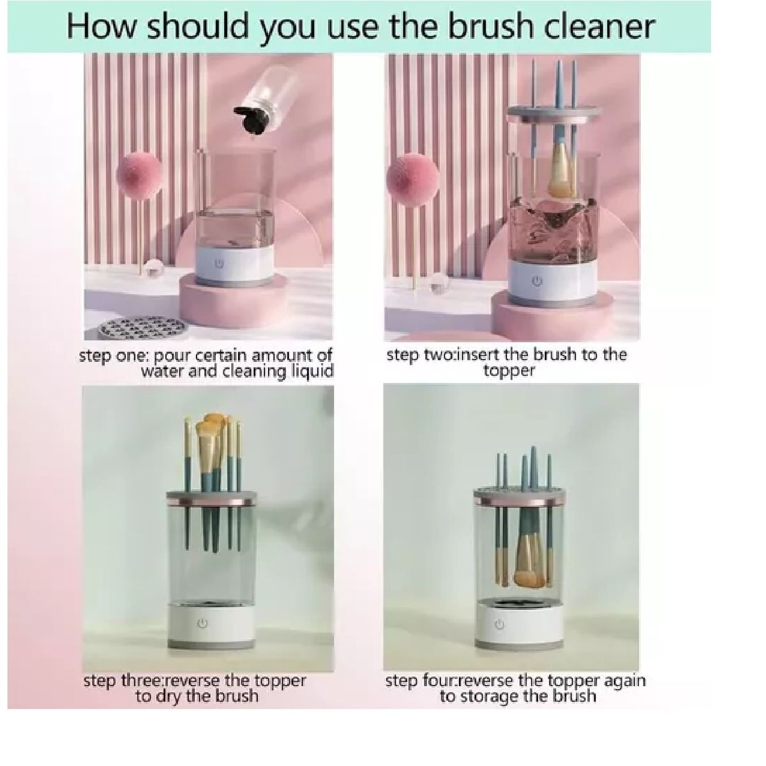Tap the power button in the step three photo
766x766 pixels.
coord(202,624)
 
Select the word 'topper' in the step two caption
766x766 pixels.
coord(509,371)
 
